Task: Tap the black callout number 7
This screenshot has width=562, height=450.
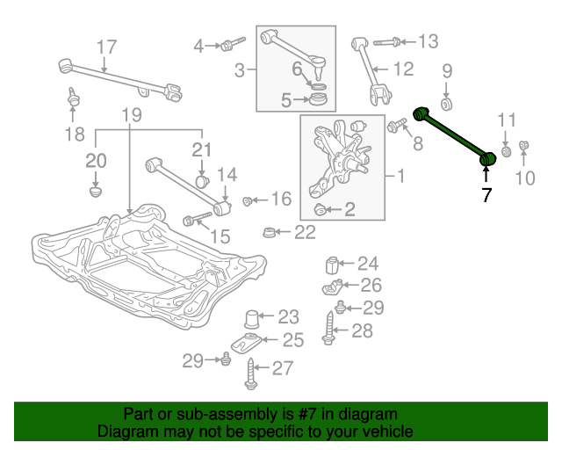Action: pos(486,195)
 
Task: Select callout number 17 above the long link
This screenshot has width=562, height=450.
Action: pos(107,47)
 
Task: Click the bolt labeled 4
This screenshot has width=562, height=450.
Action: pos(232,43)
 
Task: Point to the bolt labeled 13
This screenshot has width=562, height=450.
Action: pos(387,41)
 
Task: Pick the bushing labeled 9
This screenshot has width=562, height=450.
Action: pos(446,105)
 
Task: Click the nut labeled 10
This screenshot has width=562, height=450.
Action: pos(523,145)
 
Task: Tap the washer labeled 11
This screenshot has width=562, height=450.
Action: pos(506,151)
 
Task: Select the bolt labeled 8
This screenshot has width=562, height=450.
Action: pos(396,125)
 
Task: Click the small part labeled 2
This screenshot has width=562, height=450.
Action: pos(320,209)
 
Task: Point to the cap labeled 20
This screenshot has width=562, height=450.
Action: pos(96,191)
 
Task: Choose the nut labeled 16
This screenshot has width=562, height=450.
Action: pos(247,201)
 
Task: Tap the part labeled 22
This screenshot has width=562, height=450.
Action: pos(269,232)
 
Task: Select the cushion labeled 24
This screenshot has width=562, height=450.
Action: pos(332,265)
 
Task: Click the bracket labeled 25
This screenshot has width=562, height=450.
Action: pos(246,343)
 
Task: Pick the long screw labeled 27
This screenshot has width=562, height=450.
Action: pos(251,374)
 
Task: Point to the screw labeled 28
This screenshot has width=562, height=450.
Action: pos(328,329)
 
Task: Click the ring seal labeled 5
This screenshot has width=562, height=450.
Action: pos(318,99)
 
